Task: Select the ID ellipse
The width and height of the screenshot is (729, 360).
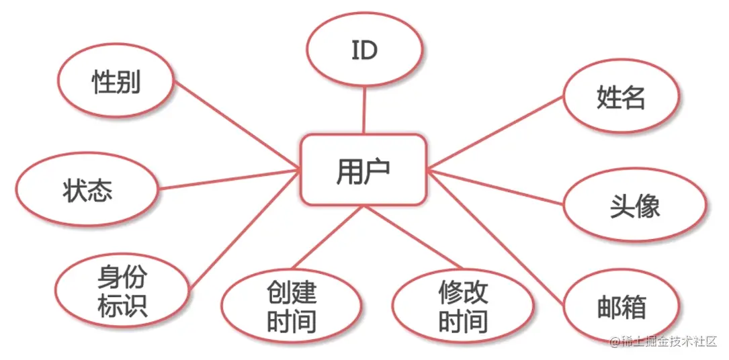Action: point(364,50)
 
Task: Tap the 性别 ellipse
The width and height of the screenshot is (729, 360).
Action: point(116,82)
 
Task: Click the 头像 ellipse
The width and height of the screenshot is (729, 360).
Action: point(635,206)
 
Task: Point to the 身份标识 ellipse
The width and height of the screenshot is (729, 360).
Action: point(123,290)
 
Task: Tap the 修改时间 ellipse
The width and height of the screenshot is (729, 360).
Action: point(464,305)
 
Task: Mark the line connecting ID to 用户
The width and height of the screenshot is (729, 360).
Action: point(364,111)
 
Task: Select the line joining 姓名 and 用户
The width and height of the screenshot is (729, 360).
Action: point(496,132)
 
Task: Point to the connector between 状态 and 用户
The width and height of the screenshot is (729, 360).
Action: point(229,180)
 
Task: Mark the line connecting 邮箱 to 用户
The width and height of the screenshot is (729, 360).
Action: point(497,238)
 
